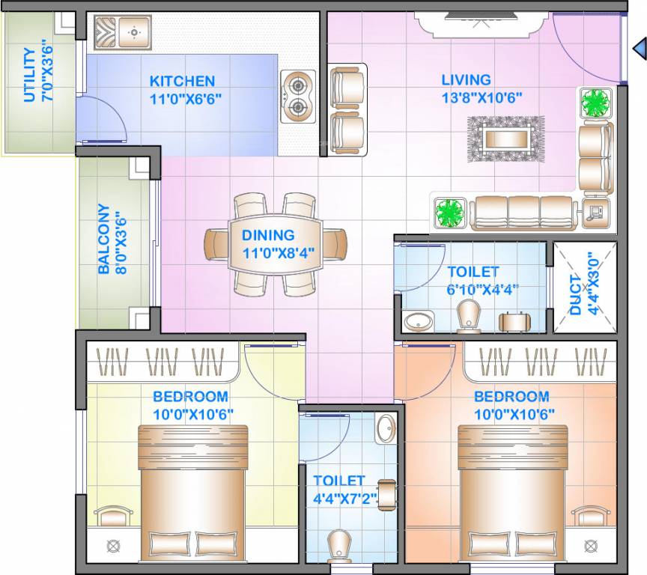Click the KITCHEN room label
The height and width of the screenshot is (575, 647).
tap(182, 81)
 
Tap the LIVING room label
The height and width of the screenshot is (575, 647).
tap(466, 79)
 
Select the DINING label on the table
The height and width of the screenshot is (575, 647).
tap(268, 235)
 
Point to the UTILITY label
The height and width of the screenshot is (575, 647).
tap(29, 74)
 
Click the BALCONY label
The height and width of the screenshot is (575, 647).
tap(104, 240)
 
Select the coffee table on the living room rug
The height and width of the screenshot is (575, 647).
tap(505, 138)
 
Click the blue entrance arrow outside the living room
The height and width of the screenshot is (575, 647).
tap(639, 49)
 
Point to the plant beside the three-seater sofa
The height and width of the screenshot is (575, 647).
tap(449, 213)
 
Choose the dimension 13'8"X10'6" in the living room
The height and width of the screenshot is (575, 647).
tap(481, 97)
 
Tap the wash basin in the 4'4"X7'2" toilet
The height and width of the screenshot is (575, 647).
tap(386, 429)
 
